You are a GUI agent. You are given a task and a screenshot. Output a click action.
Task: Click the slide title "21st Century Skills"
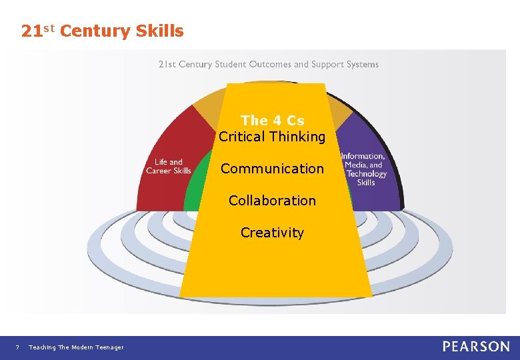102,31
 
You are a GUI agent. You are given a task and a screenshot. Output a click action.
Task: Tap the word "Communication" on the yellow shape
272,169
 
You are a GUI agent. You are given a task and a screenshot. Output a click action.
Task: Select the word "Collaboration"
272,201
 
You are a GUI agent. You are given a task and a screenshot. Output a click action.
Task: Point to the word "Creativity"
272,233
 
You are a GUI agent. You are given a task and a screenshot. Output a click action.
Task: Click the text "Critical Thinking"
272,137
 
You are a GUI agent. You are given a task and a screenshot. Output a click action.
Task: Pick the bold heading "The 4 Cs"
272,121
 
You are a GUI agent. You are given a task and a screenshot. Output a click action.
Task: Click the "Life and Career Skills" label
169,166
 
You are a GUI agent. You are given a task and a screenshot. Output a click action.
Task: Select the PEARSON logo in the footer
476,347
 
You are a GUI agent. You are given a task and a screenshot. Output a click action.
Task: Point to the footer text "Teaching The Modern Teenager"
76,347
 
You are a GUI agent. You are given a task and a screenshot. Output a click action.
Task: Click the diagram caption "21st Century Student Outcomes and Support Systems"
268,65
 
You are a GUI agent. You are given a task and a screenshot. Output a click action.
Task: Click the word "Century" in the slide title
98,31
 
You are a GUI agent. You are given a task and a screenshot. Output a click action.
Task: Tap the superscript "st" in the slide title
49,27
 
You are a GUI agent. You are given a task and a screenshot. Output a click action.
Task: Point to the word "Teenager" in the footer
109,347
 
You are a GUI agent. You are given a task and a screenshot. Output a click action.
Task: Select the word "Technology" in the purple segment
367,174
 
